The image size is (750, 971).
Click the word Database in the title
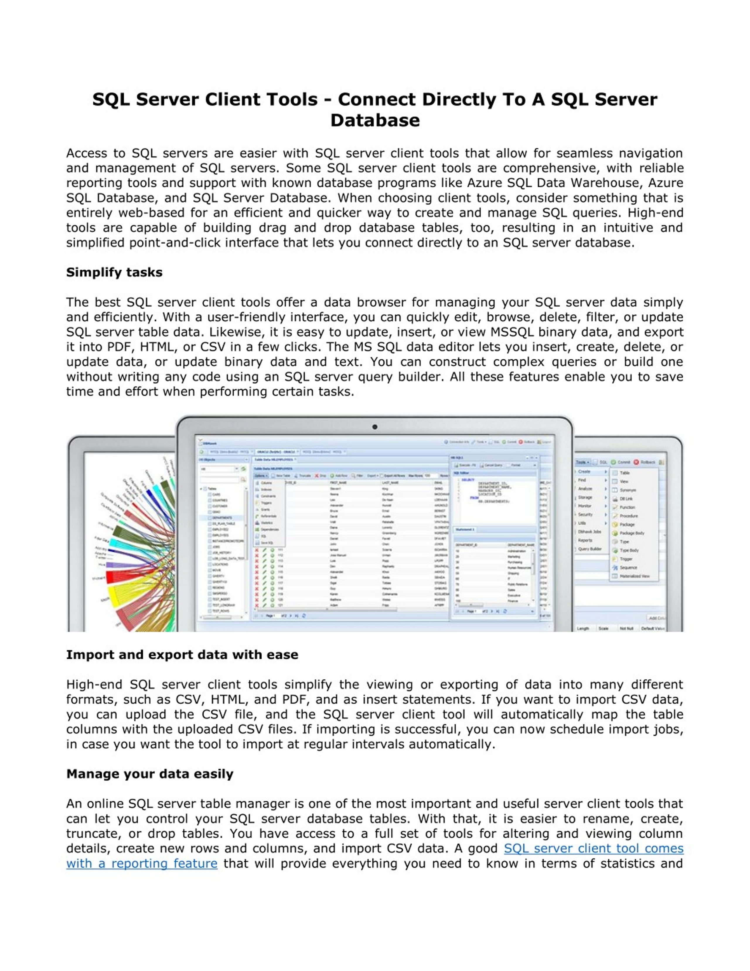374,120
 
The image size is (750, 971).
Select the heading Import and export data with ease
182,654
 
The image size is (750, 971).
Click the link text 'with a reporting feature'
142,863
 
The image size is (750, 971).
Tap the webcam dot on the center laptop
374,427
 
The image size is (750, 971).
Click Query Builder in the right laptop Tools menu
590,549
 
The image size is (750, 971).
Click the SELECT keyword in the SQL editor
468,480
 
